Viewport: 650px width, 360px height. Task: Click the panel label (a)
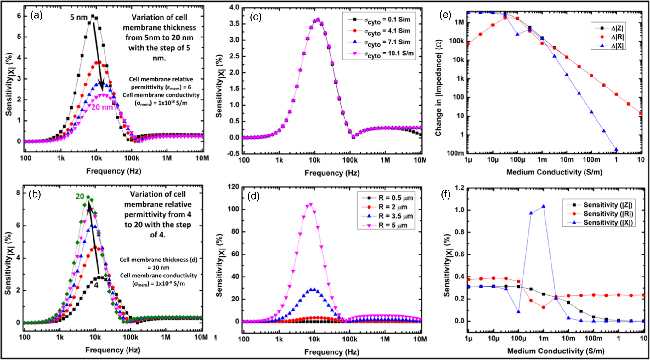click(36, 15)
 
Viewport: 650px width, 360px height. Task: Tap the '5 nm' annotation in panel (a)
click(78, 17)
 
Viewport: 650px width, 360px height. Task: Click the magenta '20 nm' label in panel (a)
click(102, 107)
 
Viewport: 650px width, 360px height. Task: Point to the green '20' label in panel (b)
click(80, 197)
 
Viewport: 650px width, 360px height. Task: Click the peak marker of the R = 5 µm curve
click(311, 205)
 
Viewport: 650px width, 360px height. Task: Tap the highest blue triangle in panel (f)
click(543, 206)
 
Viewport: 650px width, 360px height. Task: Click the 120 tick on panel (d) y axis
click(233, 187)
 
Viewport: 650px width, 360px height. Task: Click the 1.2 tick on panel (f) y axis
click(460, 188)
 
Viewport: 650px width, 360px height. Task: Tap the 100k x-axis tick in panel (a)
click(131, 158)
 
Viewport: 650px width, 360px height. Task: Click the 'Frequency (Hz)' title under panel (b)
click(113, 350)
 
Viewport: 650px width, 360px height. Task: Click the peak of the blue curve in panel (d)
click(312, 289)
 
